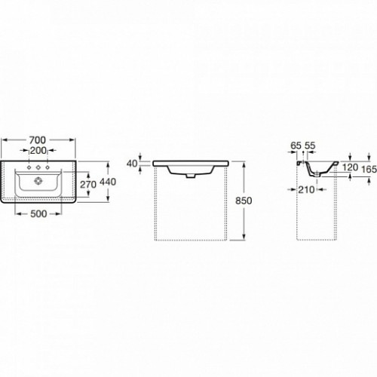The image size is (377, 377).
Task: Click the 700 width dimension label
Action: (x=38, y=139)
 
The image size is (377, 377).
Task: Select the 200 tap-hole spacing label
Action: (x=38, y=151)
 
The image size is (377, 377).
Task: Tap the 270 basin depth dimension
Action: (x=88, y=185)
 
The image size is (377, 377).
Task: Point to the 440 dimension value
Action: (x=108, y=182)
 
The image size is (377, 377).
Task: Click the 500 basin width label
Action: (x=38, y=213)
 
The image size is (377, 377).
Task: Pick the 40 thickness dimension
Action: (x=132, y=164)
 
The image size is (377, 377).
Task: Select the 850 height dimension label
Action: (x=244, y=201)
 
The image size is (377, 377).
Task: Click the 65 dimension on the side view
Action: (x=296, y=146)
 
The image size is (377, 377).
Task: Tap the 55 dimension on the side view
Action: (x=310, y=146)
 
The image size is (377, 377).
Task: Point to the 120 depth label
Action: (x=350, y=167)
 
